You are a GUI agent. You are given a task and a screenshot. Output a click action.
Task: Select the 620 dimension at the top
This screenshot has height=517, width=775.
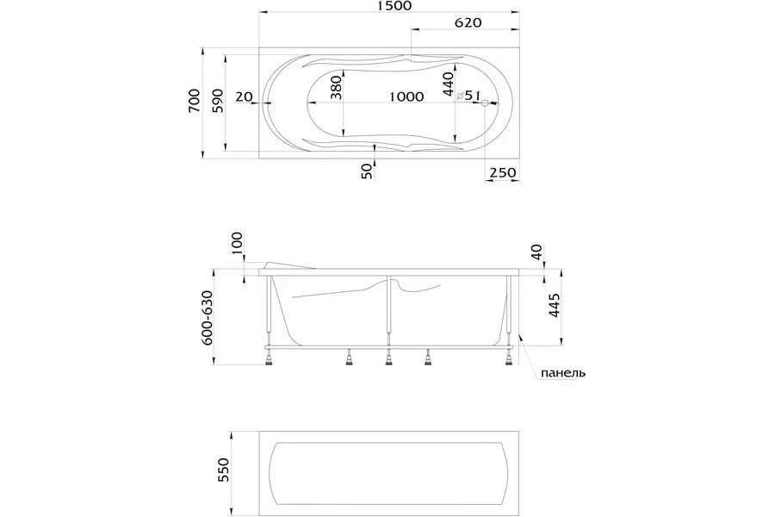(x=468, y=22)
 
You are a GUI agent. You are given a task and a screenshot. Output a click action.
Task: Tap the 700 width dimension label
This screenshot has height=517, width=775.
(x=195, y=101)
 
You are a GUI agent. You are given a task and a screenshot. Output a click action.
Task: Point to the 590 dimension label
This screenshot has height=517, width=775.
(x=218, y=101)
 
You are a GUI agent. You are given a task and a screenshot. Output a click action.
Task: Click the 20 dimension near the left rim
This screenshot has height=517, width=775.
(x=244, y=97)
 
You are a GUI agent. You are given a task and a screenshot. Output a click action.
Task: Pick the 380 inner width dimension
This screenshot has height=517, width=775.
(x=336, y=88)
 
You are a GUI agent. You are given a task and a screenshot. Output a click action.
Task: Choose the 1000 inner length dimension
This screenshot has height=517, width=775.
(x=406, y=97)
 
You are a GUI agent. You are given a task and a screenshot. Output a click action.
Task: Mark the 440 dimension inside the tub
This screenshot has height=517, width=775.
(x=448, y=84)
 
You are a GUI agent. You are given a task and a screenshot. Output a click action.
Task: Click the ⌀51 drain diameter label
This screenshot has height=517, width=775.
(x=468, y=95)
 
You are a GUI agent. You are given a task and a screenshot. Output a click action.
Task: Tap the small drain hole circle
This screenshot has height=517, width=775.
(x=485, y=103)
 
